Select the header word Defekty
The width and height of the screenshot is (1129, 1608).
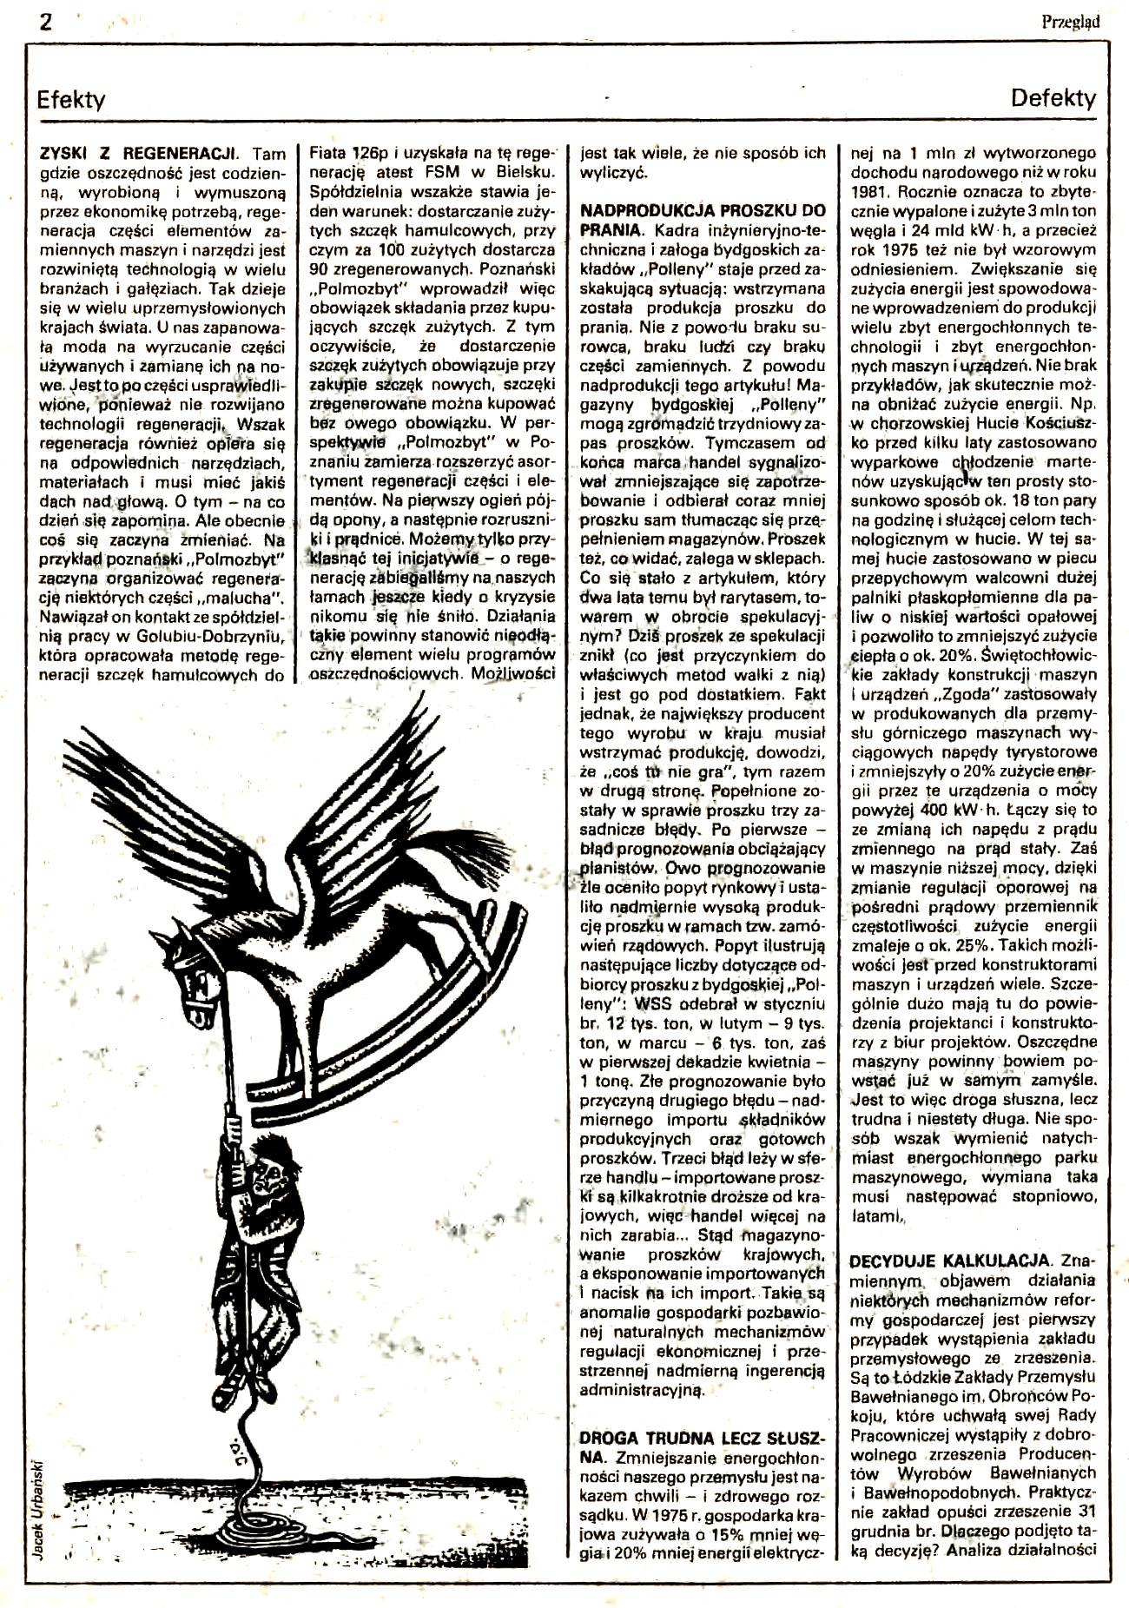tap(1053, 98)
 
